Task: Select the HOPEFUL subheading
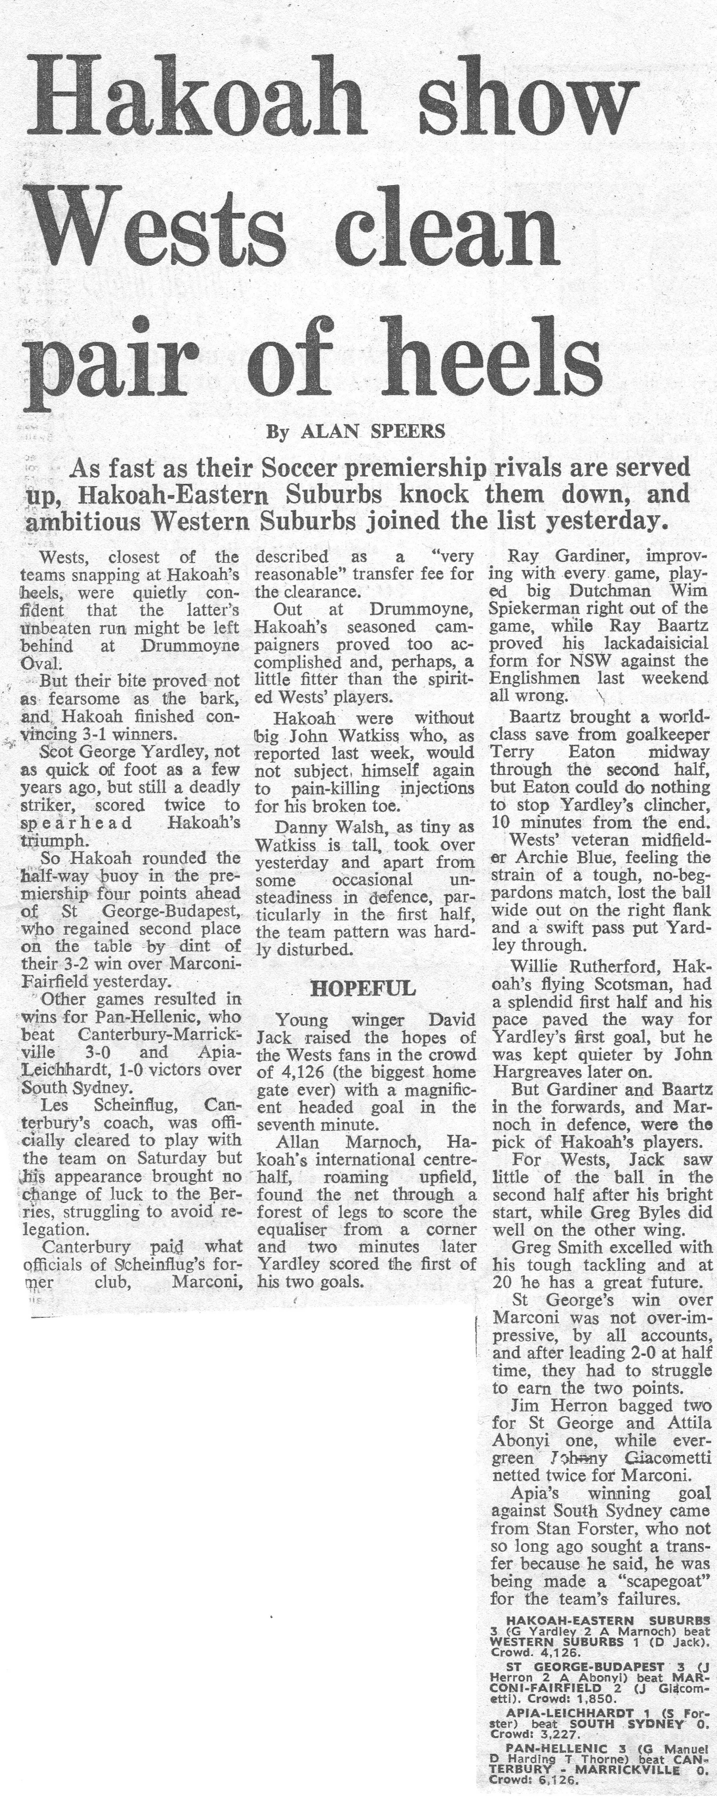coord(362,988)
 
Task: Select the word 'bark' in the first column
coord(220,698)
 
